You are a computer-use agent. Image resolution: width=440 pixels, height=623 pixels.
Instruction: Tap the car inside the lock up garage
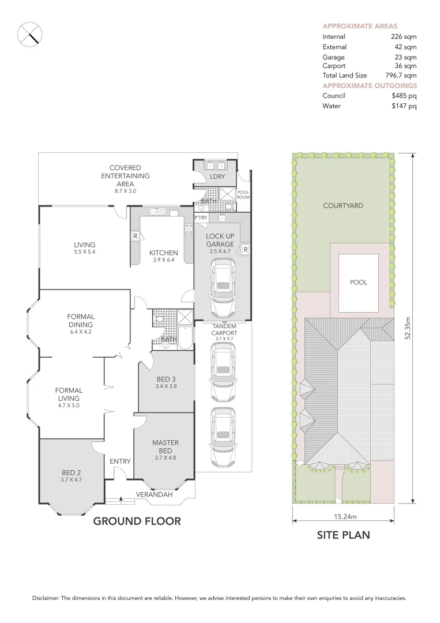tap(223, 286)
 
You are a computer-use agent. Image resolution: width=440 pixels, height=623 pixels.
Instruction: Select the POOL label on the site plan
tap(358, 283)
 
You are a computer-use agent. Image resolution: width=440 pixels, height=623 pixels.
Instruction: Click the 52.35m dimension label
tap(407, 329)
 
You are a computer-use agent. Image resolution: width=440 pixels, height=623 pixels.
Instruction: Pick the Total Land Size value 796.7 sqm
tap(401, 76)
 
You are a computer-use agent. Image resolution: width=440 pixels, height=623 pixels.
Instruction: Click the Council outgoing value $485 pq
tap(404, 96)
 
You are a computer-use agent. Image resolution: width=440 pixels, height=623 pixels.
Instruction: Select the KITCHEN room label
tap(164, 253)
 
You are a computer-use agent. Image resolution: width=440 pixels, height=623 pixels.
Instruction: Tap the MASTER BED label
tap(166, 446)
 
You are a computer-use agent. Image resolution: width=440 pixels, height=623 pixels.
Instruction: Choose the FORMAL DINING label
tap(81, 320)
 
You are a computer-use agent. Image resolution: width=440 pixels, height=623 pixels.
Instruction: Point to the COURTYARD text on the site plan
tap(343, 205)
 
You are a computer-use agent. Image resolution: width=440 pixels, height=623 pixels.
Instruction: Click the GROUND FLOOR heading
tap(137, 521)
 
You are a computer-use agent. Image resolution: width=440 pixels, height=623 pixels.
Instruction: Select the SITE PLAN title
tap(343, 535)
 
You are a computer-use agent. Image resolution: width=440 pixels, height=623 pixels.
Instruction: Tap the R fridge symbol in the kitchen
tap(135, 236)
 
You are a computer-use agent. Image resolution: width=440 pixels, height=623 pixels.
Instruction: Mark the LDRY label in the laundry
tap(217, 177)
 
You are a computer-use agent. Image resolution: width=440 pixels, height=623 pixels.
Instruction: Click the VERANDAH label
tap(154, 494)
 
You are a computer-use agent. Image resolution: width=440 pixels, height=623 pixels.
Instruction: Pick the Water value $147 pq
tap(404, 106)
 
